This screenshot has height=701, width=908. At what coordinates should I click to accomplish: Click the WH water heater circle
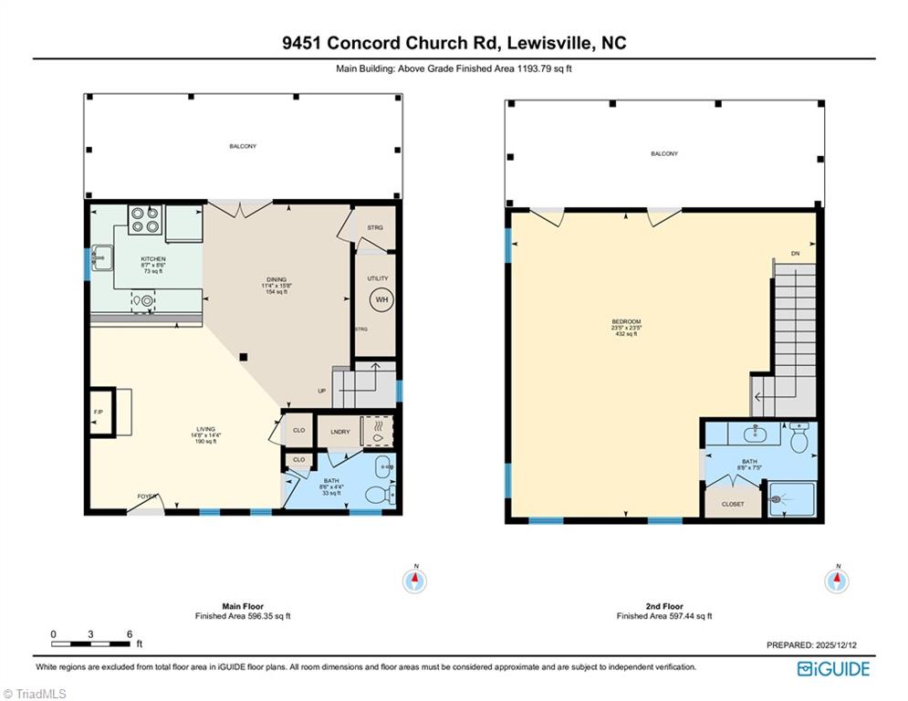[x=382, y=299]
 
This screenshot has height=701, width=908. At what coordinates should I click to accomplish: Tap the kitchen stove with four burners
[x=145, y=220]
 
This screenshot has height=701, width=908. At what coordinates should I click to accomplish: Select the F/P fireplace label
[x=99, y=413]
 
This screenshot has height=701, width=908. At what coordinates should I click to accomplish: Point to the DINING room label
[x=277, y=279]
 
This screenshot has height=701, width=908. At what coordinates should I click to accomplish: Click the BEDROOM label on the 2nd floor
[x=626, y=321]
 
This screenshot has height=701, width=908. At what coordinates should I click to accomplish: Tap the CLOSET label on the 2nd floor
[x=733, y=504]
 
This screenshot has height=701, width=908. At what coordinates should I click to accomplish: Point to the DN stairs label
[x=795, y=254]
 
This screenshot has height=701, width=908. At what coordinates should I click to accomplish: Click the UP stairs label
[x=321, y=391]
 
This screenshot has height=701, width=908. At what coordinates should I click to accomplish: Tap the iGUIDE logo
[x=833, y=669]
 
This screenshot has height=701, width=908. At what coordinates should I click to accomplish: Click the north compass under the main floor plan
[x=415, y=580]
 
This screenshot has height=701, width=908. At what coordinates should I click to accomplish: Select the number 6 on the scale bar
[x=130, y=633]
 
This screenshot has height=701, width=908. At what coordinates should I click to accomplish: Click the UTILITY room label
[x=378, y=278]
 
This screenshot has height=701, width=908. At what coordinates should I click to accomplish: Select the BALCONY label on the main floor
[x=243, y=146]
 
